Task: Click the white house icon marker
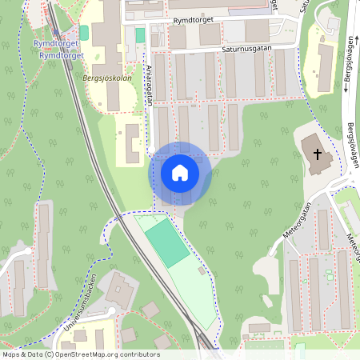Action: click(180, 173)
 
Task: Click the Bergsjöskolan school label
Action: click(106, 78)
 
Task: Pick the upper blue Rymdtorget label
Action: click(56, 44)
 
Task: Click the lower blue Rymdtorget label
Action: click(61, 55)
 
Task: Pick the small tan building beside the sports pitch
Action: click(202, 270)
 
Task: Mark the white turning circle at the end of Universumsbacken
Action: click(111, 311)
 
